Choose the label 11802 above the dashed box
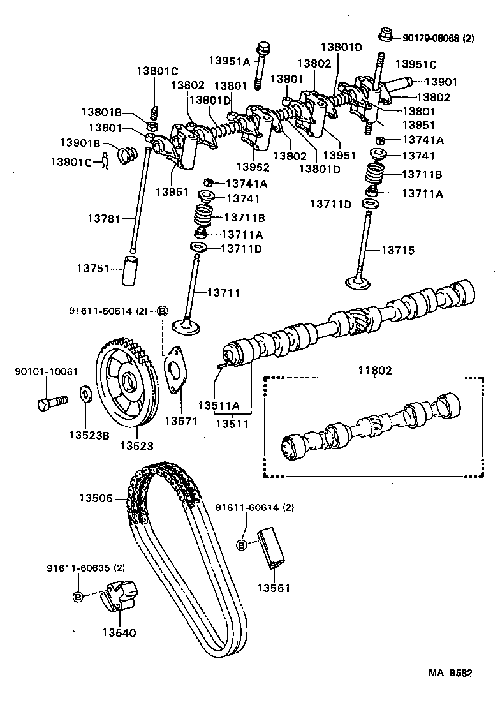click(375, 369)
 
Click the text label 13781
click(103, 219)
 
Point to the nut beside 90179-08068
click(385, 35)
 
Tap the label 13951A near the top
click(229, 61)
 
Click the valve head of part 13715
click(359, 281)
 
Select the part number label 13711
click(223, 293)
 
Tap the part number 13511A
click(218, 405)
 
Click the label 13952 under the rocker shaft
click(252, 167)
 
